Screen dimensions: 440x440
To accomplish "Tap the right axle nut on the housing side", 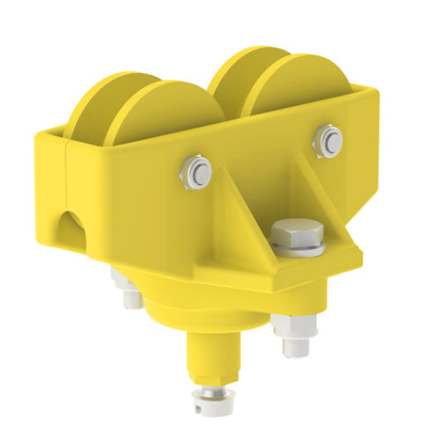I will [x=329, y=140].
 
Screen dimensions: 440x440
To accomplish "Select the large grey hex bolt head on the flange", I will [x=297, y=232].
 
